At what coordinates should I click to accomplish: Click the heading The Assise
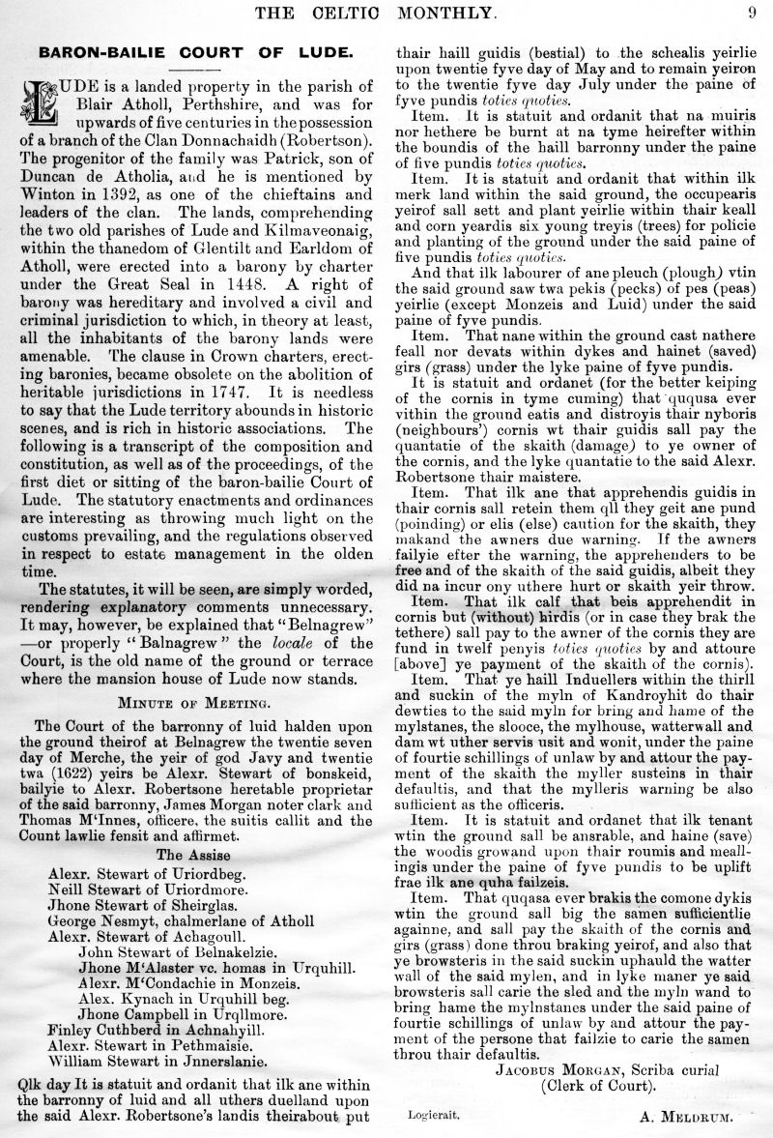(x=190, y=854)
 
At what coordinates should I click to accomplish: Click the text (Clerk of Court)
(x=595, y=1086)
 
